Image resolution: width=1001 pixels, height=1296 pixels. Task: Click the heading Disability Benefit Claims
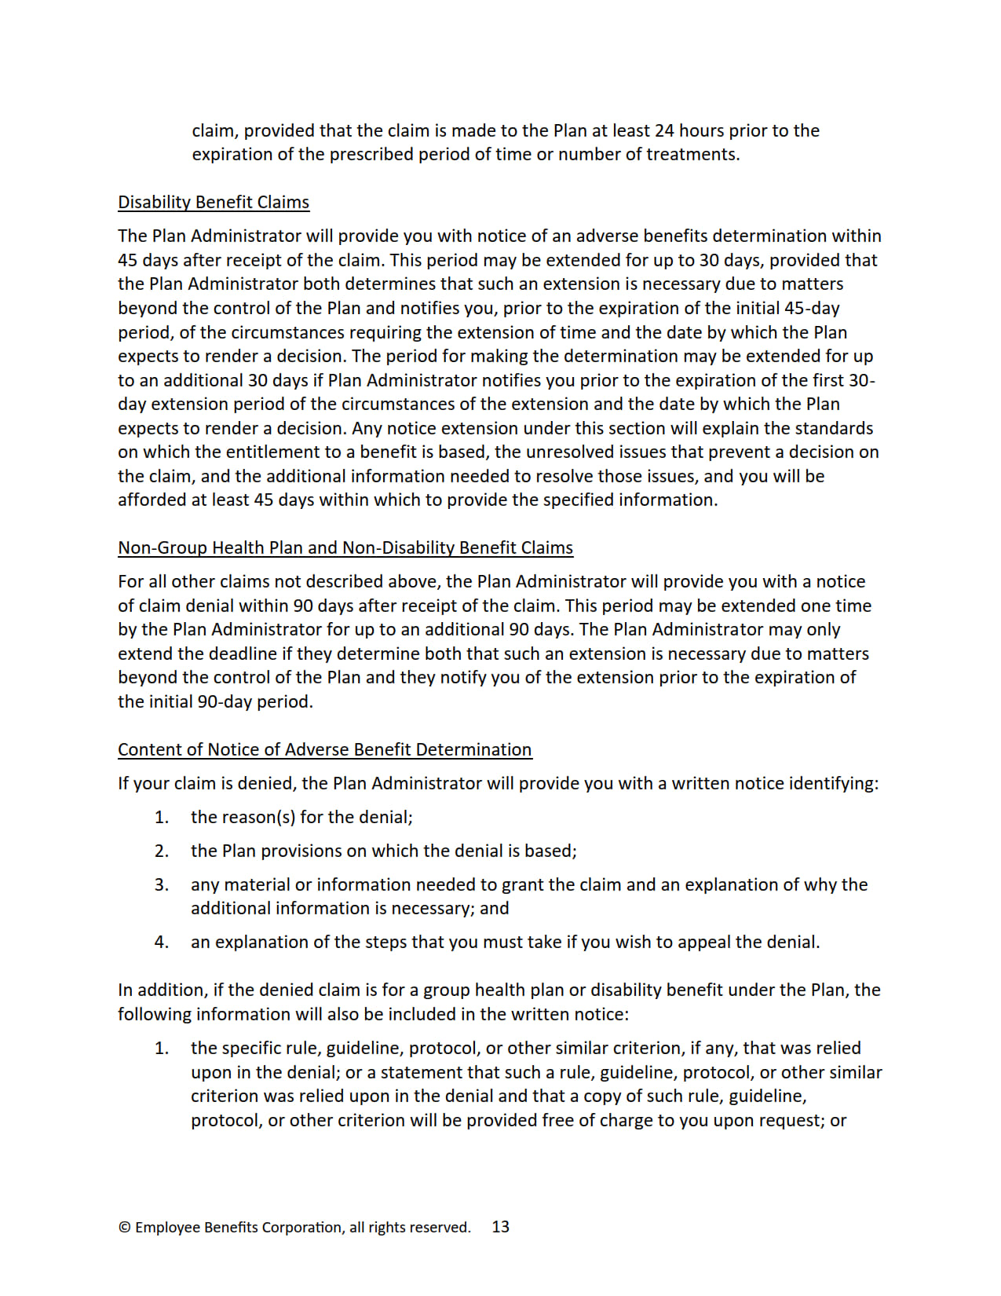[214, 203]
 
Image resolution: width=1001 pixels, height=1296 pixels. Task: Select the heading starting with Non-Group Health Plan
[345, 548]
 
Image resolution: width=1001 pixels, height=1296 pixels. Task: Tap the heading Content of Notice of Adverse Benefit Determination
[324, 750]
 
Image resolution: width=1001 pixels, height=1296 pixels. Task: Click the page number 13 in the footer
[501, 1227]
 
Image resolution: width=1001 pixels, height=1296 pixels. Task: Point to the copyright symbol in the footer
[124, 1228]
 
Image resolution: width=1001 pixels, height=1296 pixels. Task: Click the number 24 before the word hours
[664, 131]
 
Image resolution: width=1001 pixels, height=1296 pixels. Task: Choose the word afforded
[152, 500]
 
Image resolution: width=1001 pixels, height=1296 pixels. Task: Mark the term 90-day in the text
[225, 702]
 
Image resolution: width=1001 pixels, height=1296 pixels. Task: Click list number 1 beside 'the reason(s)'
[161, 818]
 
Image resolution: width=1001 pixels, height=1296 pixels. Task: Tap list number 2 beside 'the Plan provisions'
[161, 851]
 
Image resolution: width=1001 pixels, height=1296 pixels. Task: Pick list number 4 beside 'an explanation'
[161, 943]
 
